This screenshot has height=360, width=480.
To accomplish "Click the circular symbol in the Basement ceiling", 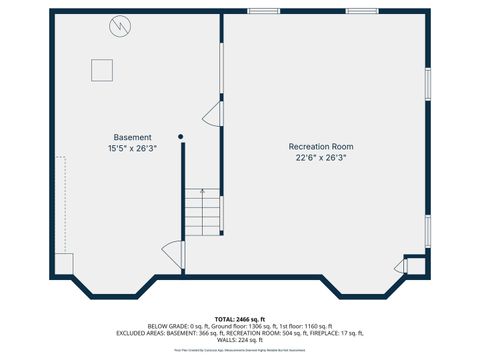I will [120, 24].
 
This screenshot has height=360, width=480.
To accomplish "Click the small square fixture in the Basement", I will [102, 69].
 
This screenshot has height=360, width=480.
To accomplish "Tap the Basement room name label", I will [132, 137].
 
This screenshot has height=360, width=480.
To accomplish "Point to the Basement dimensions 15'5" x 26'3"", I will [132, 148].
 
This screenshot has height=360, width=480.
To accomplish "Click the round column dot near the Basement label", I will [181, 136].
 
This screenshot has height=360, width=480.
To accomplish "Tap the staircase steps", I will [202, 212].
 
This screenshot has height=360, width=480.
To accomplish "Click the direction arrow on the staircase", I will [202, 191].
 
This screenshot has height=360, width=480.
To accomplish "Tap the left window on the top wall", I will [263, 11].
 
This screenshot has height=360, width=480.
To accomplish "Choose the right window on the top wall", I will [362, 11].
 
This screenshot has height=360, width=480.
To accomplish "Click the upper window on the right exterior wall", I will [427, 84].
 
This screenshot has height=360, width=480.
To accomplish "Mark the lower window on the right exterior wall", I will [427, 230].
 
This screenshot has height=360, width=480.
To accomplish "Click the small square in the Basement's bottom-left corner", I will [63, 264].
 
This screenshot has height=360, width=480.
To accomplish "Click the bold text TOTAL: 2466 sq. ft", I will [240, 318].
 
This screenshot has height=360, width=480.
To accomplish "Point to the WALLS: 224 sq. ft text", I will [240, 340].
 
